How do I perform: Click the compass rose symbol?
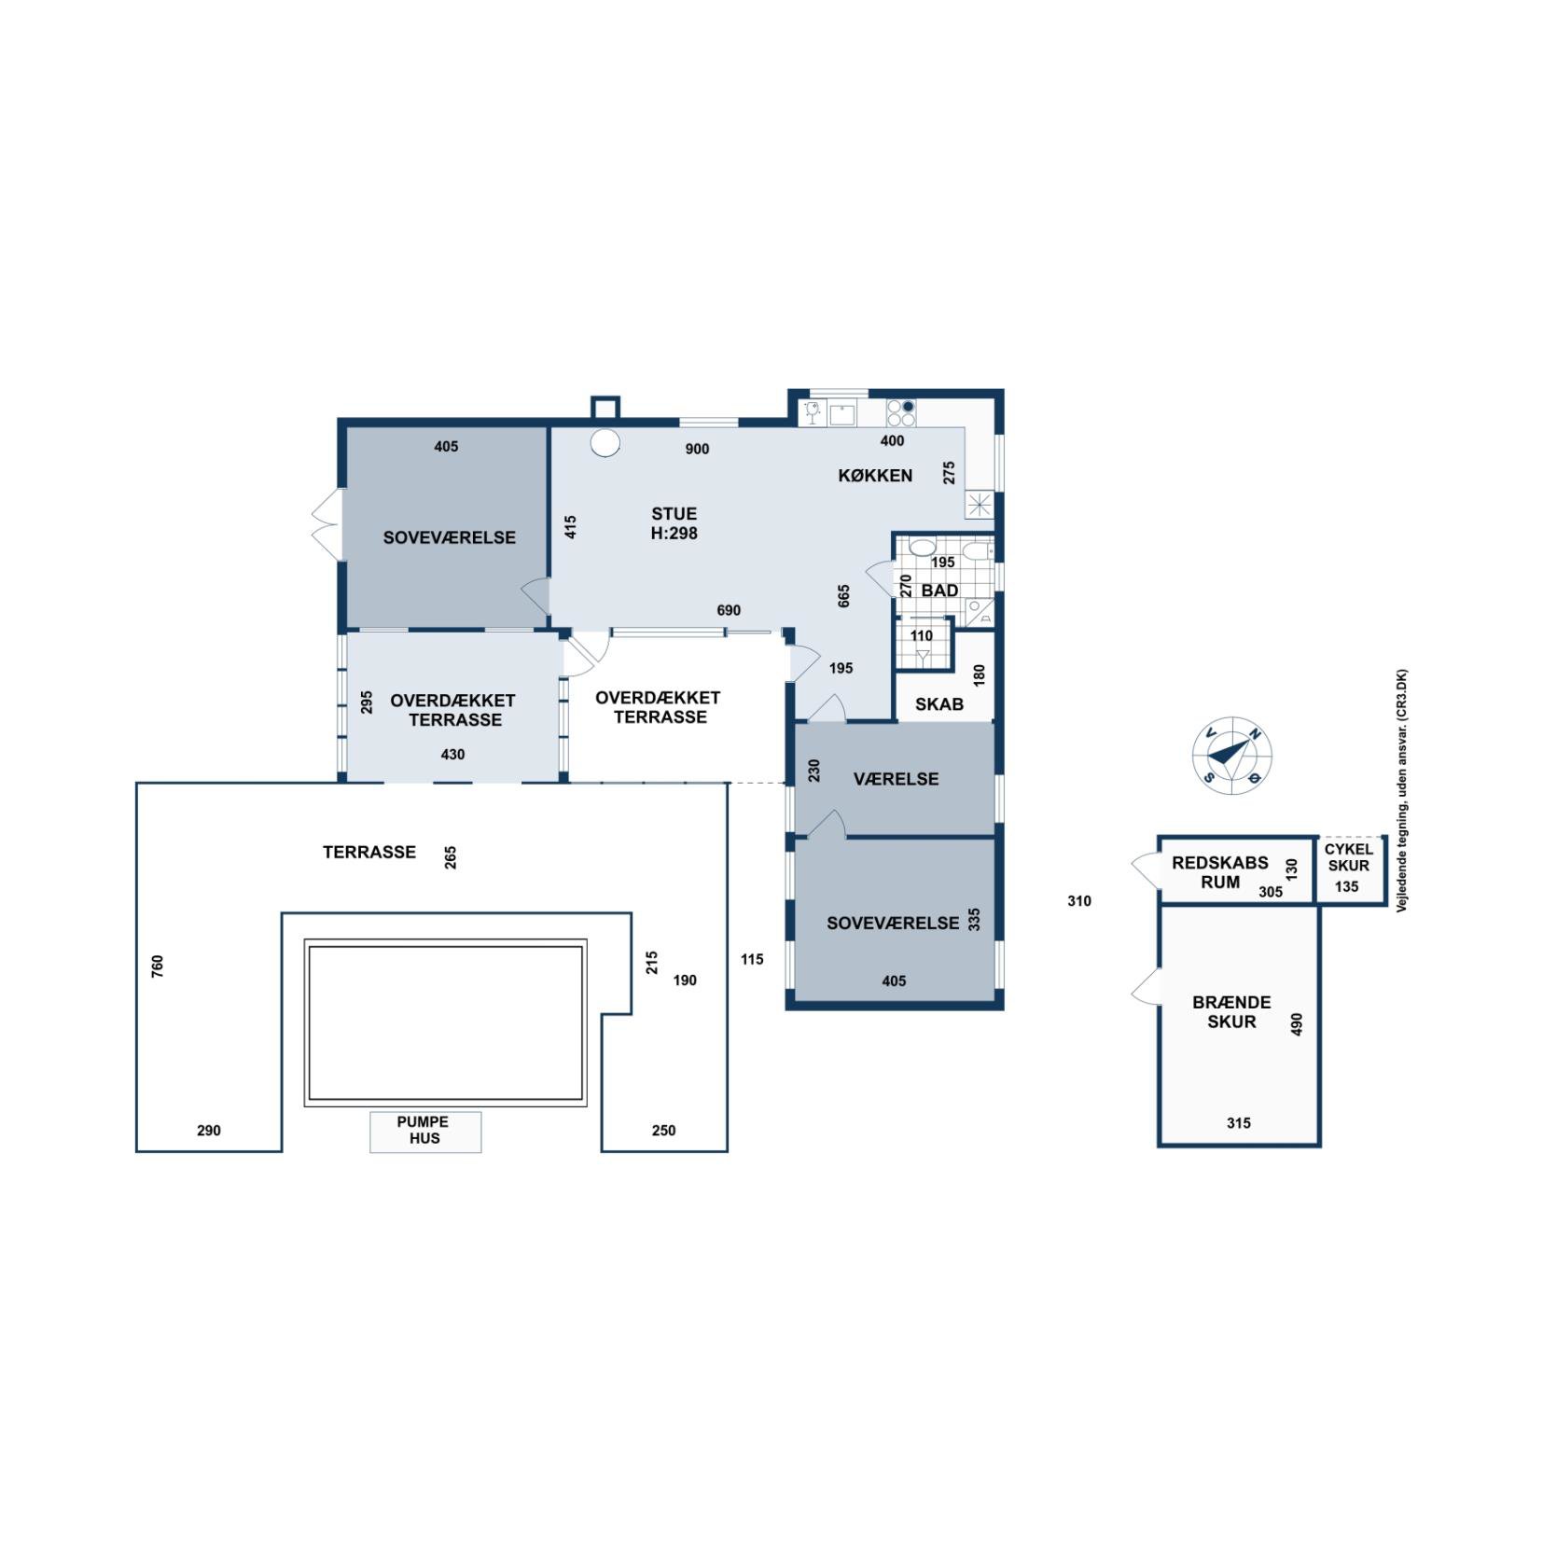pyautogui.click(x=1231, y=756)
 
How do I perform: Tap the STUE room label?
pyautogui.click(x=674, y=514)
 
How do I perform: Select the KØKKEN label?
pyautogui.click(x=874, y=476)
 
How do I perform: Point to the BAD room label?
pyautogui.click(x=939, y=591)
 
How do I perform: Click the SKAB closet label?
pyautogui.click(x=938, y=704)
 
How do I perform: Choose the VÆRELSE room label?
pyautogui.click(x=896, y=779)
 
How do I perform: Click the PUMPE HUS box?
pyautogui.click(x=425, y=1132)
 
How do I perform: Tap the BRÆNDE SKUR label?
pyautogui.click(x=1231, y=1012)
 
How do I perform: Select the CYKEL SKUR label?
pyautogui.click(x=1348, y=857)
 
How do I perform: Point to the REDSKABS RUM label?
pyautogui.click(x=1219, y=872)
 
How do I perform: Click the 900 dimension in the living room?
pyautogui.click(x=697, y=449)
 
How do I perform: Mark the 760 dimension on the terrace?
pyautogui.click(x=158, y=966)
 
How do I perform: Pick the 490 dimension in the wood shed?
pyautogui.click(x=1296, y=1024)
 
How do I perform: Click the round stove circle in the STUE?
pyautogui.click(x=605, y=442)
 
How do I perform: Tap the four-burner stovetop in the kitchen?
pyautogui.click(x=901, y=412)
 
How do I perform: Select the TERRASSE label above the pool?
pyautogui.click(x=369, y=852)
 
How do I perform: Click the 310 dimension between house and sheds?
pyautogui.click(x=1079, y=901)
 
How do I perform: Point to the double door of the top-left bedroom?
pyautogui.click(x=326, y=522)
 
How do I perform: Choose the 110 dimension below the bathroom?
pyautogui.click(x=922, y=636)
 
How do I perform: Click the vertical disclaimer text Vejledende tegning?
pyautogui.click(x=1402, y=790)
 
